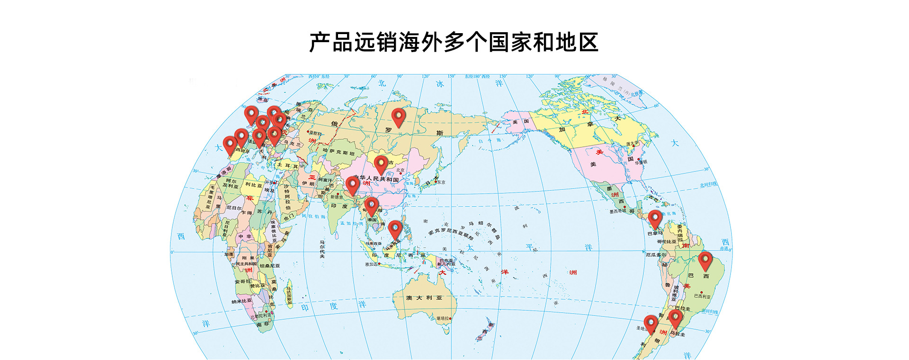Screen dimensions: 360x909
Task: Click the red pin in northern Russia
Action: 399,117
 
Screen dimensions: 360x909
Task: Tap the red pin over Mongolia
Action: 381,164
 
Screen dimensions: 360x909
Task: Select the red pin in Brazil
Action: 705,260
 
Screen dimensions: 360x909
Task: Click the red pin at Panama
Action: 655,218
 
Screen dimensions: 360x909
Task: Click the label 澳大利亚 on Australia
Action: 424,298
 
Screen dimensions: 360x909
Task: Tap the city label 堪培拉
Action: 443,319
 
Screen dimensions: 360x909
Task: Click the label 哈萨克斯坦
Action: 339,153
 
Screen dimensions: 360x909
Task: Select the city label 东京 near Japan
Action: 441,182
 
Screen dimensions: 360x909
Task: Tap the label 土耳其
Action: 287,166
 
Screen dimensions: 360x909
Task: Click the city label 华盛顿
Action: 641,162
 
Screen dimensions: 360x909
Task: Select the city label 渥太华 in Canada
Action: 632,144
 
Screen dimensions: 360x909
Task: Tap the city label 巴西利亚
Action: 702,296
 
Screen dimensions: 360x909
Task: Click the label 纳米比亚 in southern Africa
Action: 241,301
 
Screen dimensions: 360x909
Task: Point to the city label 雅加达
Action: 371,264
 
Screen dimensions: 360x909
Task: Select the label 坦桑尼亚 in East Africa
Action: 270,266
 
